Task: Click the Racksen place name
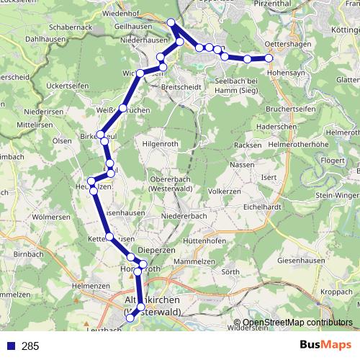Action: click(x=248, y=145)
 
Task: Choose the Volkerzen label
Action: click(x=224, y=192)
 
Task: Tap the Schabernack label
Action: click(x=70, y=27)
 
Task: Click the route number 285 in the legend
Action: click(x=30, y=346)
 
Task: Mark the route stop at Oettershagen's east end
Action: click(x=269, y=58)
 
